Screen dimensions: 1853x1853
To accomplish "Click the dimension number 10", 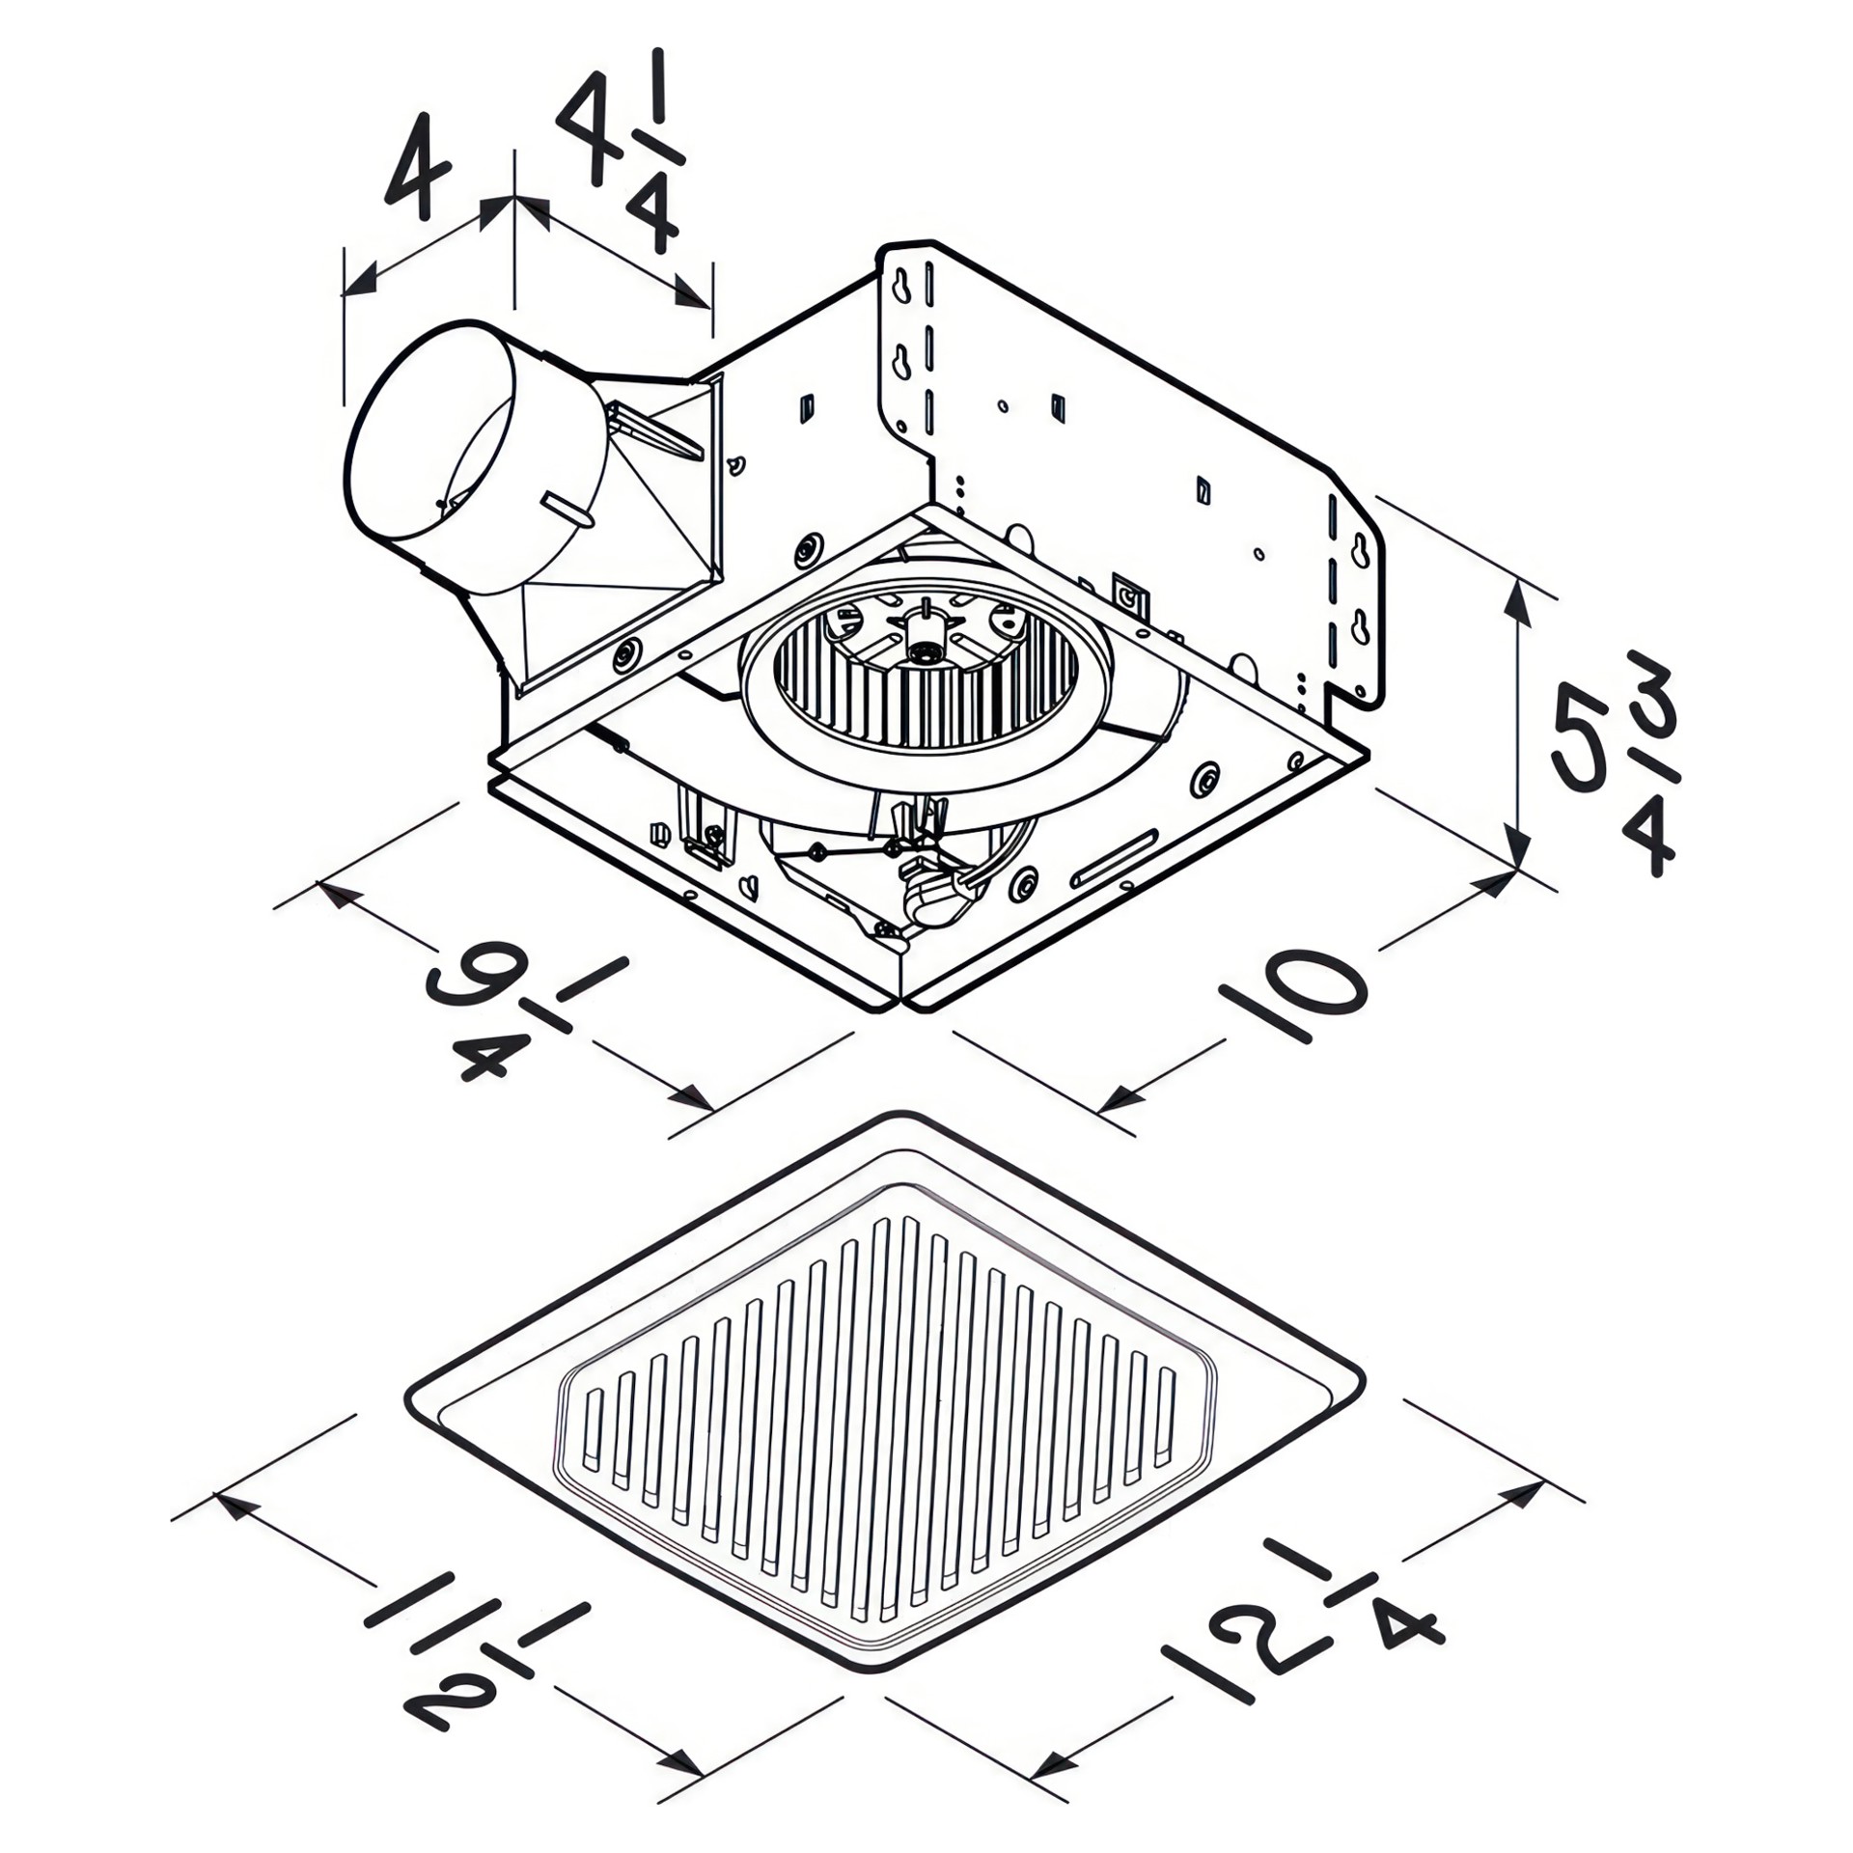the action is (x=1293, y=994).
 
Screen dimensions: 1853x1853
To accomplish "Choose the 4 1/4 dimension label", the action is (x=621, y=150).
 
